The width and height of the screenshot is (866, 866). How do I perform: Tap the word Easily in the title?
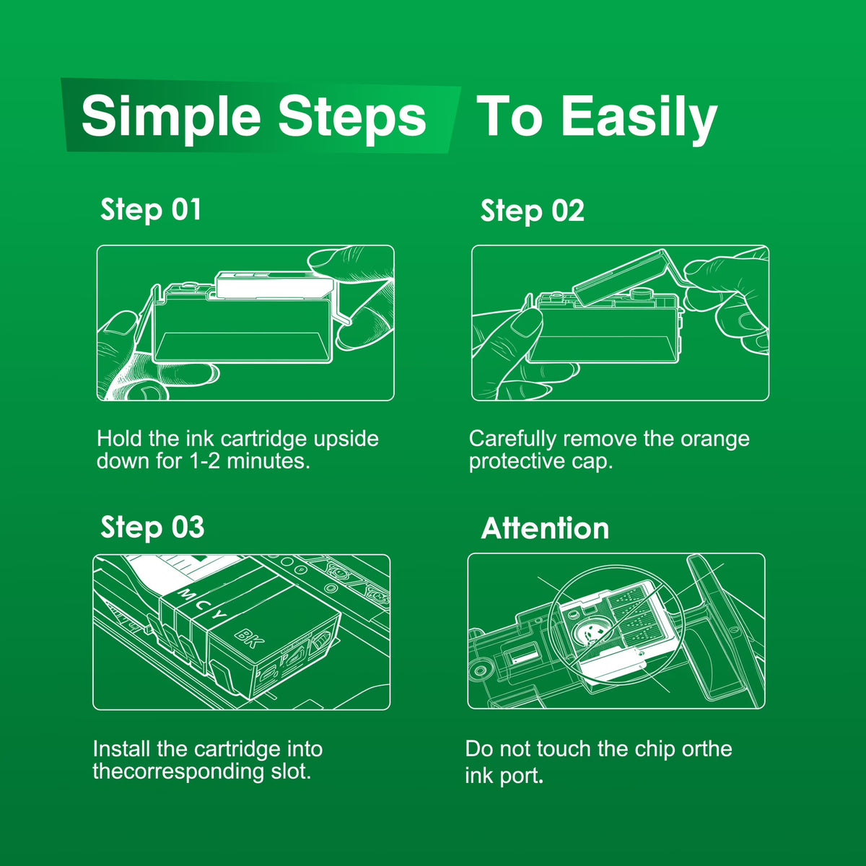(639, 118)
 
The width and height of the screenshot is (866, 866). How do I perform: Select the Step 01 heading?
(151, 210)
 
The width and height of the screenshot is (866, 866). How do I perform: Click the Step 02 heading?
(532, 211)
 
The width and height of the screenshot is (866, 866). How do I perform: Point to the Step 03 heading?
(152, 527)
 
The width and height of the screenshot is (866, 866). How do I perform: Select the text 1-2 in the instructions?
(205, 462)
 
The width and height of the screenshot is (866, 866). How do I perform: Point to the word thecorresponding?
(178, 771)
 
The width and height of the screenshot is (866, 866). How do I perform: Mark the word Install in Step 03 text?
(121, 749)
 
